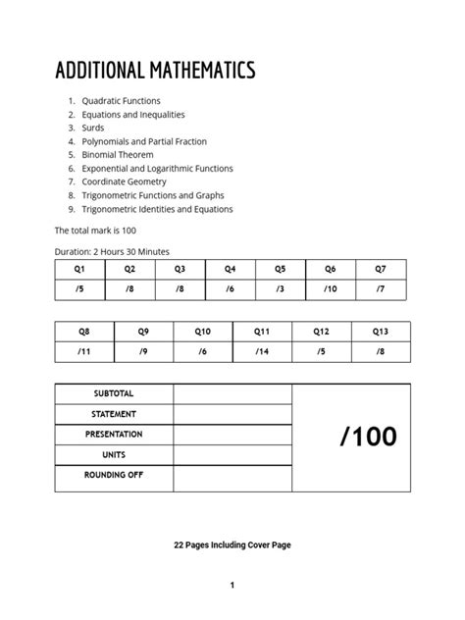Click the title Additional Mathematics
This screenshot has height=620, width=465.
pyautogui.click(x=155, y=71)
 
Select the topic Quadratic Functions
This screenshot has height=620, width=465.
pyautogui.click(x=122, y=101)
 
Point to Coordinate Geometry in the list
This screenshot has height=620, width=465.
pyautogui.click(x=124, y=181)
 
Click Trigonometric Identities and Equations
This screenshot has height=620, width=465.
pyautogui.click(x=157, y=209)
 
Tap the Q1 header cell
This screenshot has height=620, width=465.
pyautogui.click(x=79, y=269)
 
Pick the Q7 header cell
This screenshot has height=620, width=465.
pyautogui.click(x=381, y=269)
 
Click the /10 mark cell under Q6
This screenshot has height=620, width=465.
pyautogui.click(x=331, y=289)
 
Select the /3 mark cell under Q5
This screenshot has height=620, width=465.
pyautogui.click(x=281, y=289)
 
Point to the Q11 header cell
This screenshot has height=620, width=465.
pyautogui.click(x=262, y=333)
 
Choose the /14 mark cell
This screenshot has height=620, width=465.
pyautogui.click(x=262, y=351)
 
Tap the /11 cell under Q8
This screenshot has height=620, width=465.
pyautogui.click(x=84, y=351)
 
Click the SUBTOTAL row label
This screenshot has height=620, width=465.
pyautogui.click(x=114, y=393)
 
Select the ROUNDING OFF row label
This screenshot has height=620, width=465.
pyautogui.click(x=114, y=475)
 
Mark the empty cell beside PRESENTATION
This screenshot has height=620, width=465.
pyautogui.click(x=232, y=435)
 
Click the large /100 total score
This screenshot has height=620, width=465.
pyautogui.click(x=369, y=438)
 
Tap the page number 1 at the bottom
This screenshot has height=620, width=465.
pyautogui.click(x=232, y=586)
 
